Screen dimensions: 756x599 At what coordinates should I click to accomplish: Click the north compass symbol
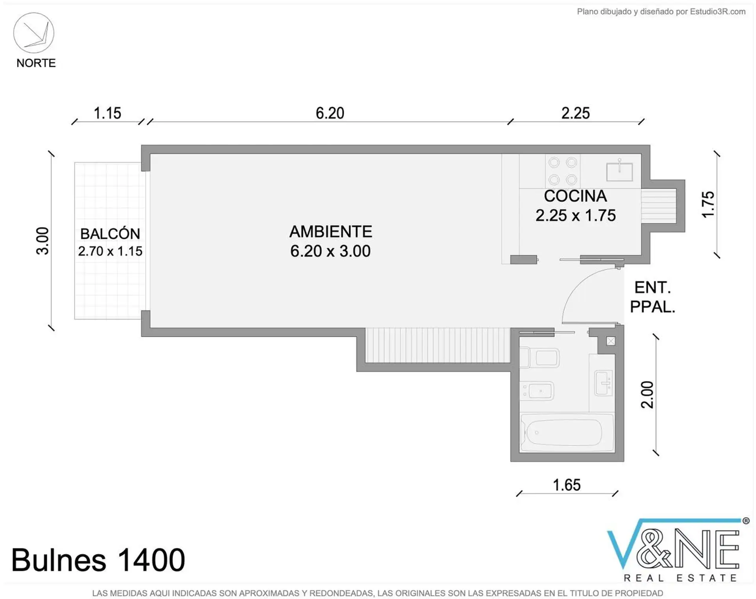(x=34, y=33)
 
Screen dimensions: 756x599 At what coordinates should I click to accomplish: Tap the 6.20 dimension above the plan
(x=330, y=113)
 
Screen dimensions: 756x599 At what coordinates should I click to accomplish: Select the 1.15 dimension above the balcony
(x=107, y=113)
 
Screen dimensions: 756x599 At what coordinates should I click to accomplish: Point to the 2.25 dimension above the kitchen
(x=576, y=113)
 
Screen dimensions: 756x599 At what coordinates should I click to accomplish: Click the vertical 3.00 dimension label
(x=43, y=241)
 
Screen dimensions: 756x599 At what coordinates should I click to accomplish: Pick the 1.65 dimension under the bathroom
(x=567, y=485)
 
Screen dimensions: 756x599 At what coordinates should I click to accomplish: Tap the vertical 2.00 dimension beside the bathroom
(x=647, y=395)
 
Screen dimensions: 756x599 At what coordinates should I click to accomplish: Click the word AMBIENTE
(x=331, y=231)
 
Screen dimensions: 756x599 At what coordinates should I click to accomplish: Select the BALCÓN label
(x=110, y=233)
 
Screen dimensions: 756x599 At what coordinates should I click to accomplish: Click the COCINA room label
(x=575, y=196)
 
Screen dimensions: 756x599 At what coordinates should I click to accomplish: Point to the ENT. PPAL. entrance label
(x=652, y=297)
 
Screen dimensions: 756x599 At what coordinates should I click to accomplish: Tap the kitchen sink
(x=619, y=171)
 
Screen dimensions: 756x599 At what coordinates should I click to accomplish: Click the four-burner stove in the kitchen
(x=563, y=171)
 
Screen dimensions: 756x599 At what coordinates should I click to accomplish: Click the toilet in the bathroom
(x=540, y=358)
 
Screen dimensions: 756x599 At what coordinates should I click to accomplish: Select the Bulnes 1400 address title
(x=98, y=560)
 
